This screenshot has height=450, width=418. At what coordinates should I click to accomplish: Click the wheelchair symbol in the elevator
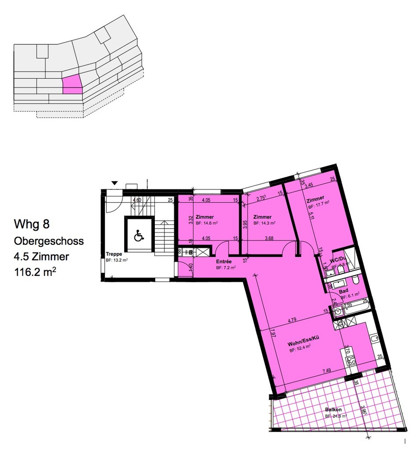(x=138, y=236)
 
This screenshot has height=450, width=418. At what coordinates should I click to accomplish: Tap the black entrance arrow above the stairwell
(x=115, y=183)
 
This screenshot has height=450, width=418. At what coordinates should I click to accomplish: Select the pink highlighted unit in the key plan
(x=72, y=84)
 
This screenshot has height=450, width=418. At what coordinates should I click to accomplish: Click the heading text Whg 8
(x=32, y=225)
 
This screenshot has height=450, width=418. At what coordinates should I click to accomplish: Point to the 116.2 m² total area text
(x=35, y=272)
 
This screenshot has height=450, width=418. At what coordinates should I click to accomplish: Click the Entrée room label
(x=224, y=261)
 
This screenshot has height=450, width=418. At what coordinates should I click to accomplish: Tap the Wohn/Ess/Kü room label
(x=302, y=344)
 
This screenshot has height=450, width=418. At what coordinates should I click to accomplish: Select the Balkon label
(x=333, y=410)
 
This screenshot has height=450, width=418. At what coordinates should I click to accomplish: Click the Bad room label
(x=344, y=291)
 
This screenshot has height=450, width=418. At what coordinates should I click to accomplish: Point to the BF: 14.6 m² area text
(x=207, y=223)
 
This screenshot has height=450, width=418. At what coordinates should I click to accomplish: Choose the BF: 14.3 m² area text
(x=264, y=223)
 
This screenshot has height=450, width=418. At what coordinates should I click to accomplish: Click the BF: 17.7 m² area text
(x=318, y=206)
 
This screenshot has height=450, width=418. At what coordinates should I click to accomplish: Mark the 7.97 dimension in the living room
(x=272, y=334)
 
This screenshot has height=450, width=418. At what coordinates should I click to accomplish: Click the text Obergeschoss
(x=49, y=241)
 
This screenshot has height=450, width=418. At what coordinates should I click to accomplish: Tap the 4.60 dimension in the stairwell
(x=137, y=200)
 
